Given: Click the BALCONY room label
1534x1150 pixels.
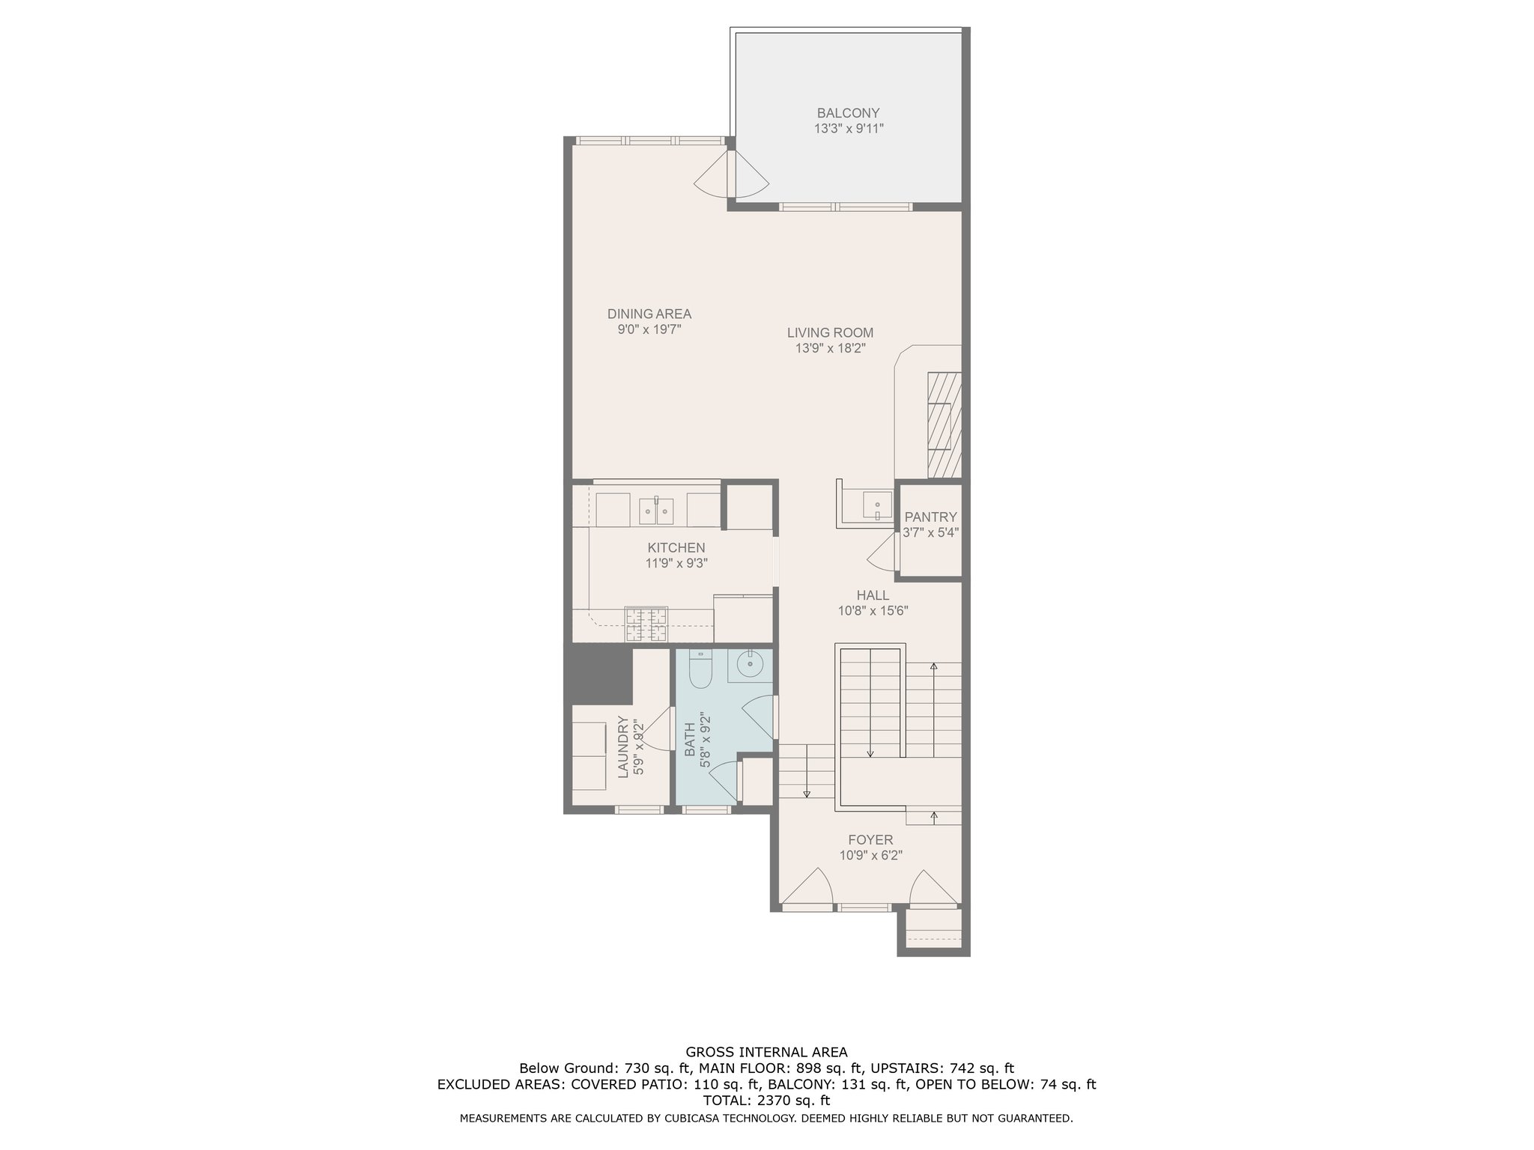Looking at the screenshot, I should click(x=848, y=113).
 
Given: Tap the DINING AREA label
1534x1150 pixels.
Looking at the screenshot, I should click(x=649, y=314).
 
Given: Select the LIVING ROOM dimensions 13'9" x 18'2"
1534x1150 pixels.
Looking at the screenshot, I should click(x=830, y=348).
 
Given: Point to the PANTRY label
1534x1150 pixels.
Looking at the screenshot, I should click(x=930, y=517).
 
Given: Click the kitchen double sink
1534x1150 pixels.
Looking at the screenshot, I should click(x=657, y=511).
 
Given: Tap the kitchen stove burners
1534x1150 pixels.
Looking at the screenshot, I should click(x=646, y=625).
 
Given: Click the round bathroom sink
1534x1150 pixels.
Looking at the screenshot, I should click(x=750, y=663).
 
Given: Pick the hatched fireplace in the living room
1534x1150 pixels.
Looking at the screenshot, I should click(x=944, y=425).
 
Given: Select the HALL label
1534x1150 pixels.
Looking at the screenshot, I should click(x=873, y=595).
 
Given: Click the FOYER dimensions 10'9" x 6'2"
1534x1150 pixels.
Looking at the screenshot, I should click(x=870, y=856).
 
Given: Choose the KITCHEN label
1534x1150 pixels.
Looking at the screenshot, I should click(x=676, y=548).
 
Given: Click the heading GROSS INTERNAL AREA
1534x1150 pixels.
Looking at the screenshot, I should click(x=766, y=1052).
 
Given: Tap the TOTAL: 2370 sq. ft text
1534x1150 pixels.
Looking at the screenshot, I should click(x=766, y=1101).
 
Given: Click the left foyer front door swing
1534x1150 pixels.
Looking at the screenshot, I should click(x=808, y=888).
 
